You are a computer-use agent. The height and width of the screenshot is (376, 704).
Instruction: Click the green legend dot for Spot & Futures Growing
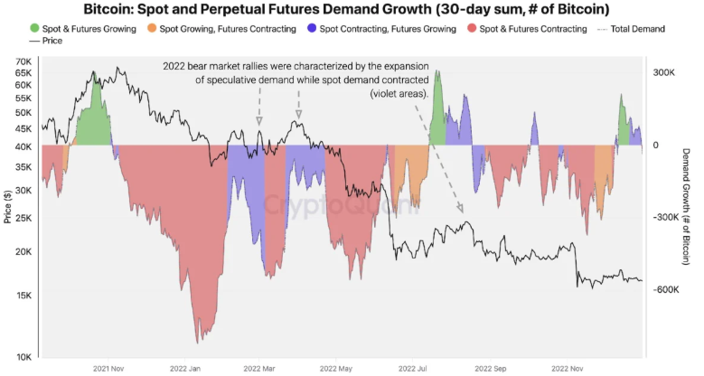point(34,28)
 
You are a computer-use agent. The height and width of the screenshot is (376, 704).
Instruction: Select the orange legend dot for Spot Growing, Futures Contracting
point(152,28)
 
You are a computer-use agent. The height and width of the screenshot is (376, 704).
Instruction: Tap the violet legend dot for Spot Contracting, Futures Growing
point(312,28)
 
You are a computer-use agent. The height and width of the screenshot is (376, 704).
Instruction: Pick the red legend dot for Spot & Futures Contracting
point(472,28)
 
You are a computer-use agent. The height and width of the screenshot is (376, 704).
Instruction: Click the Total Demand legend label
point(637,29)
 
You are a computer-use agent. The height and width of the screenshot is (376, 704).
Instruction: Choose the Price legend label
point(52,41)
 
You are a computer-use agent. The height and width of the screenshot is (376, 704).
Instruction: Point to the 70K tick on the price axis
point(23,61)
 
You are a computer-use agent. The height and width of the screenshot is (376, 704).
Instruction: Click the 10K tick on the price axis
point(23,357)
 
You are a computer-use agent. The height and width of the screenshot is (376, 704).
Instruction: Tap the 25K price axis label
point(23,218)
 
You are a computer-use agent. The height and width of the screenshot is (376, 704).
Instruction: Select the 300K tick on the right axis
point(663,72)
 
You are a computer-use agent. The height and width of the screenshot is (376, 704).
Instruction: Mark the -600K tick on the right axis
point(665,289)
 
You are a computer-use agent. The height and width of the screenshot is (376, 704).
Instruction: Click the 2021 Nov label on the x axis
point(108,369)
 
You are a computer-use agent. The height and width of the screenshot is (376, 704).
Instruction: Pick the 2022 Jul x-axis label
point(412,369)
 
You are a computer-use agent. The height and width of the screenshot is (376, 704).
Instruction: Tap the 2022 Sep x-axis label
point(491,369)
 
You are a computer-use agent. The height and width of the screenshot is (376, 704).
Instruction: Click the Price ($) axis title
point(7,207)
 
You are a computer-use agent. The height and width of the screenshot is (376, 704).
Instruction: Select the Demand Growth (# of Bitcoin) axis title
point(686,207)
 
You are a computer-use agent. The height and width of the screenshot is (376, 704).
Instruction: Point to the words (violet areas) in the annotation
point(399,94)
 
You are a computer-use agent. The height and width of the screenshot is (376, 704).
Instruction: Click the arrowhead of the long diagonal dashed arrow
point(460,209)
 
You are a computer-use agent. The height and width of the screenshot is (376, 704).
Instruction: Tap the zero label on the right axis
point(655,146)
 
